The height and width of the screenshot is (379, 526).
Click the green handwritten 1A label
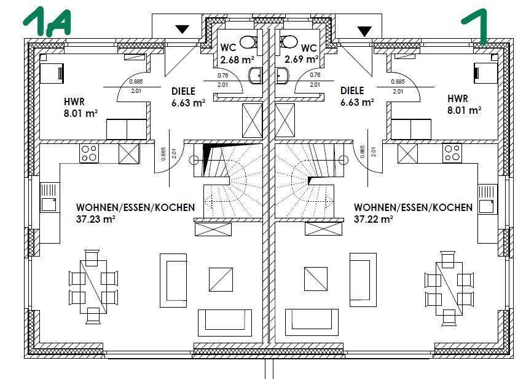pyautogui.click(x=47, y=22)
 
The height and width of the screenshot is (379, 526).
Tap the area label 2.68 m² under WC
pyautogui.click(x=237, y=60)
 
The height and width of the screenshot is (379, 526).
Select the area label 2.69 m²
pyautogui.click(x=301, y=59)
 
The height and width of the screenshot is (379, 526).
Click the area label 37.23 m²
pyautogui.click(x=96, y=219)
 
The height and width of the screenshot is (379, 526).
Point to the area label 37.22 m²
pyautogui.click(x=374, y=219)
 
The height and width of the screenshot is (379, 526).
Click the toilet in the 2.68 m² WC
pyautogui.click(x=249, y=42)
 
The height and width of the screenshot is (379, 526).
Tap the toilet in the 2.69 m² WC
pyautogui.click(x=288, y=42)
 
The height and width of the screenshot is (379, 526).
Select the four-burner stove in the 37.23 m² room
pyautogui.click(x=89, y=153)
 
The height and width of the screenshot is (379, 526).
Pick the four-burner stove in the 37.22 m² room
pyautogui.click(x=452, y=153)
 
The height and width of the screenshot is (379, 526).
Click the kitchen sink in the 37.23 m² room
pyautogui.click(x=50, y=198)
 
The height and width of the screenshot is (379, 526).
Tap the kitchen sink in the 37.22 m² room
pyautogui.click(x=487, y=199)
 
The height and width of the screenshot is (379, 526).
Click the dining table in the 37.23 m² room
pyautogui.click(x=93, y=287)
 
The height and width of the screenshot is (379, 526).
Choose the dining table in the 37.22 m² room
pyautogui.click(x=449, y=289)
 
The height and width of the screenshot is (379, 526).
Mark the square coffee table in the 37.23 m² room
pyautogui.click(x=221, y=279)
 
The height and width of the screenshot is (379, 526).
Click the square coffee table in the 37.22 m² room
pyautogui.click(x=316, y=279)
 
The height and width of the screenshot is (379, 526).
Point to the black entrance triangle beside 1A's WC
pyautogui.click(x=183, y=30)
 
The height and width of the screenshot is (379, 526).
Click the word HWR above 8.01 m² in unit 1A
pyautogui.click(x=74, y=102)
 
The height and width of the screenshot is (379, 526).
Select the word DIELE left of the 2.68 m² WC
pyautogui.click(x=183, y=91)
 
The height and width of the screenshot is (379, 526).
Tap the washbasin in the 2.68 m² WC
pyautogui.click(x=255, y=76)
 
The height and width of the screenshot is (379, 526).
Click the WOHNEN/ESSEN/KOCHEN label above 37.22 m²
pyautogui.click(x=413, y=207)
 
